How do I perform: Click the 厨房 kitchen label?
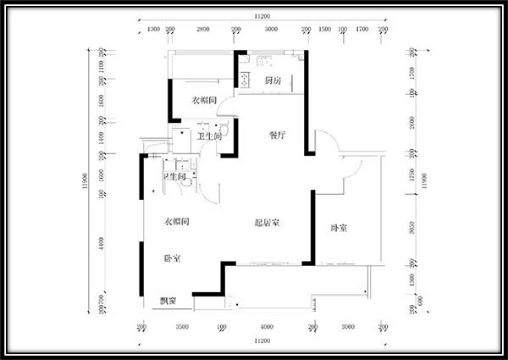click(272, 81)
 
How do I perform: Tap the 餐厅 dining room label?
click(279, 135)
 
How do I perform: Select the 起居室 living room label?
click(268, 224)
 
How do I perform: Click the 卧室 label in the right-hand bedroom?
click(340, 228)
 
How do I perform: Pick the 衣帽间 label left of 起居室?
click(175, 221)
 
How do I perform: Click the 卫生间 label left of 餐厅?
click(209, 136)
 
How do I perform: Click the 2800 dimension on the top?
click(203, 29)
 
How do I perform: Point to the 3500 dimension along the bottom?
click(182, 327)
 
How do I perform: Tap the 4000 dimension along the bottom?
click(268, 327)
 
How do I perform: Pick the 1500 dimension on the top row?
click(324, 29)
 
